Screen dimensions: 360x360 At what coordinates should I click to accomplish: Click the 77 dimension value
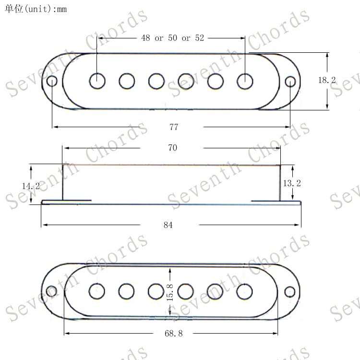[174, 127]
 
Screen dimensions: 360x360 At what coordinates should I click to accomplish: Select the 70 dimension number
[173, 148]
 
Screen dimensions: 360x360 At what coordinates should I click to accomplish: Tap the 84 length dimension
[168, 225]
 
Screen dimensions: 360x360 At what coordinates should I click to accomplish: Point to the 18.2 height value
[327, 80]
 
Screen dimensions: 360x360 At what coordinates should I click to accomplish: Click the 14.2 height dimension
[31, 186]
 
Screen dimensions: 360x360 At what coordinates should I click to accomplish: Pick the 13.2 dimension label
[292, 183]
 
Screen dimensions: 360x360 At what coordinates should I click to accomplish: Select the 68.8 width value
[174, 334]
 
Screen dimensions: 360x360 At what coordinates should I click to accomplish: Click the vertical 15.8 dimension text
[170, 293]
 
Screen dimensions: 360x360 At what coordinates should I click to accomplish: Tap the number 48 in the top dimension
[146, 37]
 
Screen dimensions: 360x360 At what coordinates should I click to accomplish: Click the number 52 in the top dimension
[200, 37]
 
